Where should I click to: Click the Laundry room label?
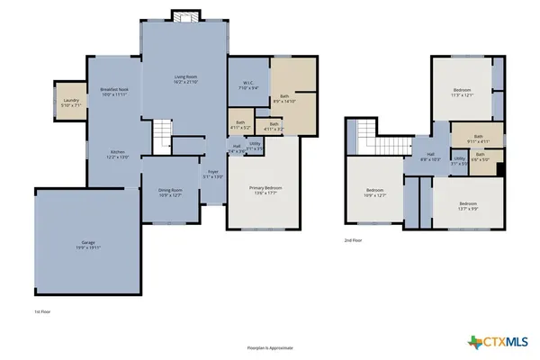click(69, 102)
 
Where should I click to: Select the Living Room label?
click(185, 79)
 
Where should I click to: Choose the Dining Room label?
click(171, 193)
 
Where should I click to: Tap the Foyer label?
click(213, 175)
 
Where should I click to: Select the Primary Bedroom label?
click(261, 190)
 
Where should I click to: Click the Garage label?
click(88, 244)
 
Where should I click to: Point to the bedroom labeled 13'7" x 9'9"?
click(468, 206)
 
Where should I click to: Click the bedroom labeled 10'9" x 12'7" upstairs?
click(374, 193)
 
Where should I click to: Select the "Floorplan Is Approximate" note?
click(269, 347)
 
